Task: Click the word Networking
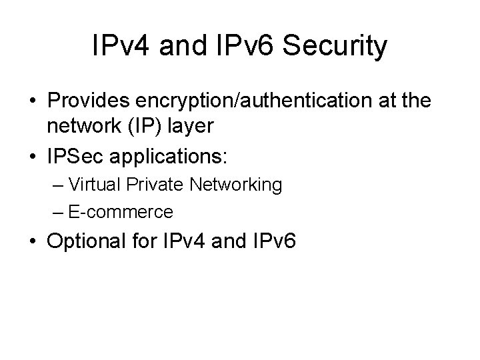(x=233, y=185)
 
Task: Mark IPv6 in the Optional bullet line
(x=273, y=241)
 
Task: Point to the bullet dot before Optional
(x=33, y=242)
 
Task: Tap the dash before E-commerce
(x=57, y=213)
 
